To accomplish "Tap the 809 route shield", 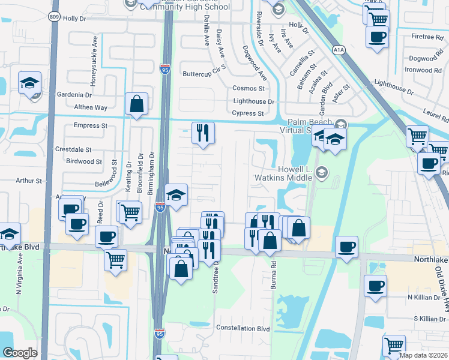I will (55, 17).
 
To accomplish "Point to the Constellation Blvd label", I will (243, 329).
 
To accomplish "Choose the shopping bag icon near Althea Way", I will (137, 104).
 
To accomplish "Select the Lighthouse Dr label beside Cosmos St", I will (253, 102).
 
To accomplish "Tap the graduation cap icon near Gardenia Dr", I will (29, 84).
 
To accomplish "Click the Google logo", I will (20, 353).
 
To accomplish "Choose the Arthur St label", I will (29, 180).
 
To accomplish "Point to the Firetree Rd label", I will (427, 37).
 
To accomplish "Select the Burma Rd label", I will (273, 277).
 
